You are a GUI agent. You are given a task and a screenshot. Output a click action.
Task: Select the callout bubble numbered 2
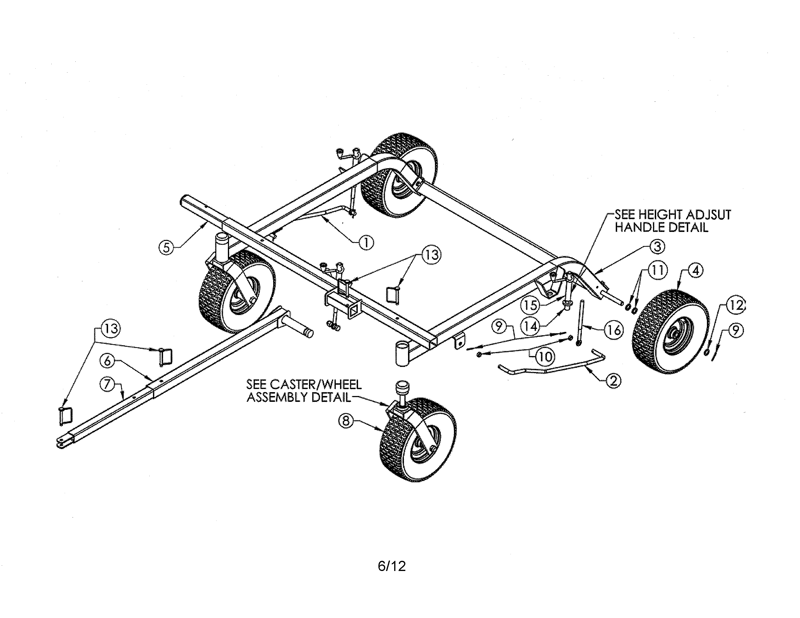click(x=614, y=381)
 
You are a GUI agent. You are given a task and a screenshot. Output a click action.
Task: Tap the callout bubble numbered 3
click(x=657, y=246)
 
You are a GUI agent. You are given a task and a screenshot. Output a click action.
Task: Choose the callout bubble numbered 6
click(x=107, y=361)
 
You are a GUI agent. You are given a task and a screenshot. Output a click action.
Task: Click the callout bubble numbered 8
click(x=346, y=421)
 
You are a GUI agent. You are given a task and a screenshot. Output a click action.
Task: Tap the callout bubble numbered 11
click(x=657, y=270)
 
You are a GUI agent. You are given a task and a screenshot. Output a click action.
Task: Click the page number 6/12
click(x=392, y=566)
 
